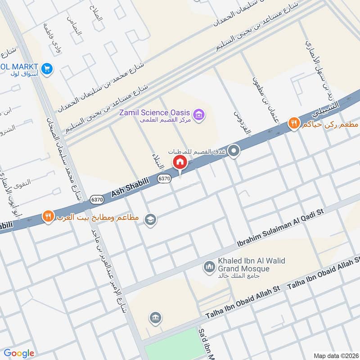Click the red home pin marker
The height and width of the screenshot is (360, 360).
180,162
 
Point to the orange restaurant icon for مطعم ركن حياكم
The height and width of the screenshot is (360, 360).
294,122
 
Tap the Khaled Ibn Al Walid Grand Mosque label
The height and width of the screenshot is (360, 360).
243,265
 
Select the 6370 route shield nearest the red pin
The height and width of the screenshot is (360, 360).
164,179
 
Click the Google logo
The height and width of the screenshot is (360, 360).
19,353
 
